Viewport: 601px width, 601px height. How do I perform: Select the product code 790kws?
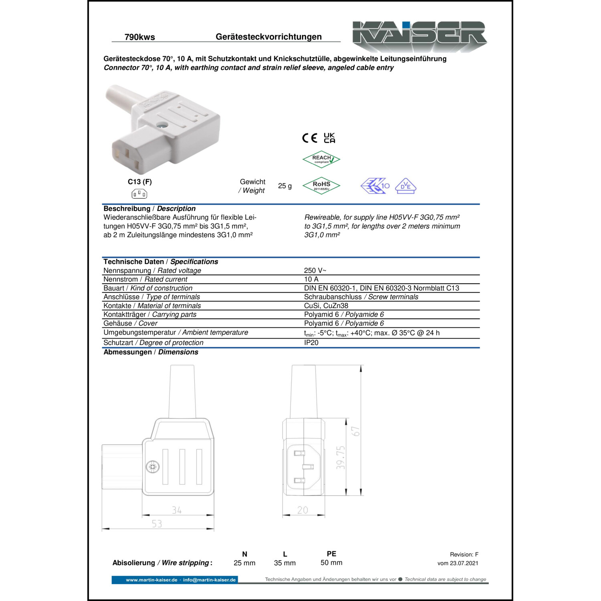[x=139, y=37]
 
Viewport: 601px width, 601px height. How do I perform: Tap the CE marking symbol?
[x=309, y=138]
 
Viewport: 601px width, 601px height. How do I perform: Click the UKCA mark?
[x=329, y=138]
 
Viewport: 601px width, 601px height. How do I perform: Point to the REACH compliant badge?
[x=321, y=159]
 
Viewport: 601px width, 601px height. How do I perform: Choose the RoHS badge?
[x=321, y=186]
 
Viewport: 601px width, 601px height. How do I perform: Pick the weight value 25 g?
[x=285, y=186]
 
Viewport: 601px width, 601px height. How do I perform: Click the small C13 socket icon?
[x=139, y=194]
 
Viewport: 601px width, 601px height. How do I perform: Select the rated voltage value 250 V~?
[x=315, y=270]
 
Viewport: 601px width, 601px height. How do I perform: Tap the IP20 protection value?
[x=311, y=343]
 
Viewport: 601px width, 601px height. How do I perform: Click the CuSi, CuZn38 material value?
[x=326, y=306]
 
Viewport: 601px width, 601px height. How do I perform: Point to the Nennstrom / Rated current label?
[x=145, y=279]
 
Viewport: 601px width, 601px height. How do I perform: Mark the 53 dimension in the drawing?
[x=157, y=524]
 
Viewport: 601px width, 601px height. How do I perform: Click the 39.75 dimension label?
[x=341, y=457]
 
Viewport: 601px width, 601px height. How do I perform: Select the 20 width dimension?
[x=303, y=510]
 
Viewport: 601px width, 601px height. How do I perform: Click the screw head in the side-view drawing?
[x=152, y=467]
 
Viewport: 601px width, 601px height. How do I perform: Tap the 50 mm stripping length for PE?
[x=331, y=563]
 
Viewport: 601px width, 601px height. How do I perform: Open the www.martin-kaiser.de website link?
[x=151, y=580]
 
